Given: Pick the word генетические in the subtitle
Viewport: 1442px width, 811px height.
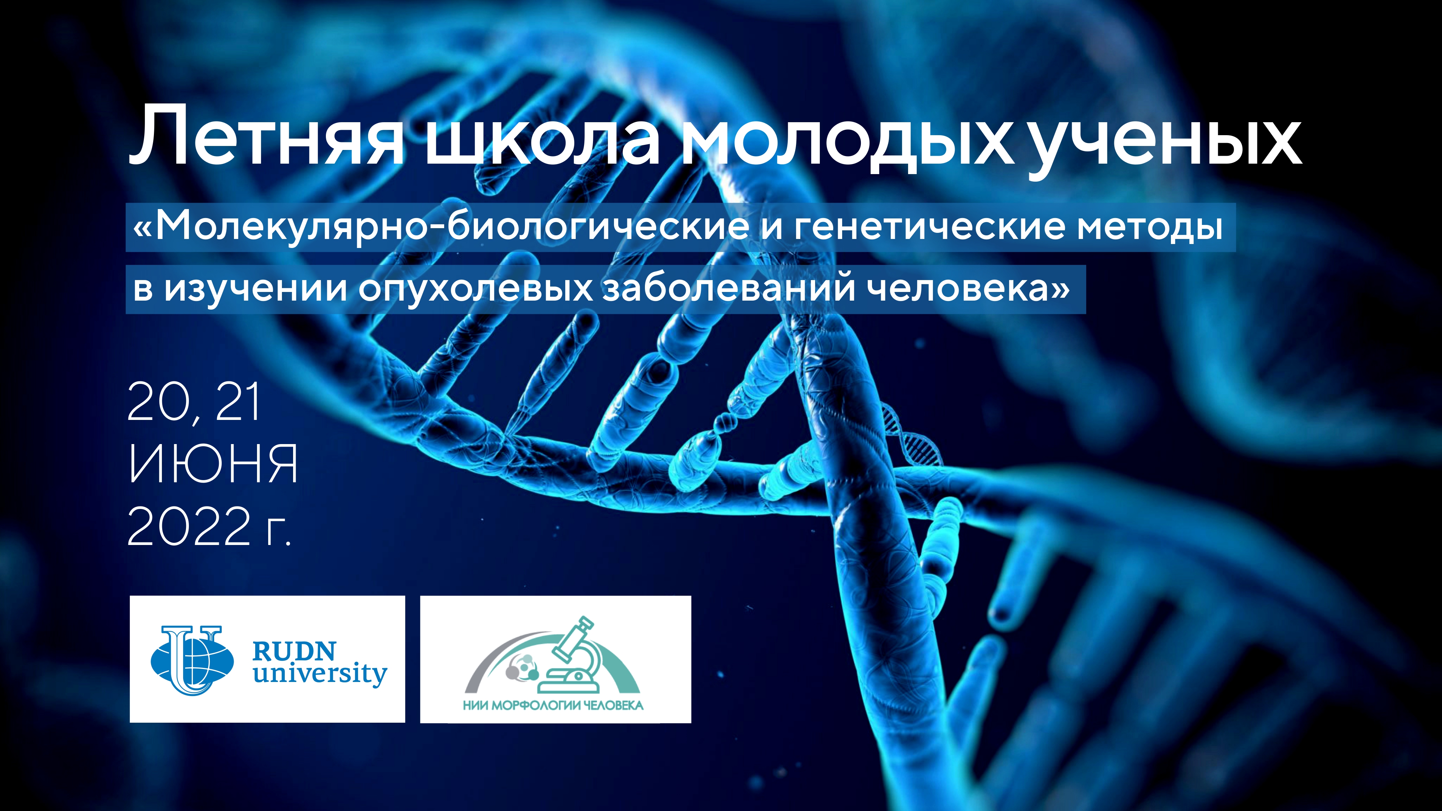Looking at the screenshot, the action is (929, 227).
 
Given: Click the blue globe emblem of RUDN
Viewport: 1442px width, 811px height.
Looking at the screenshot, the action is (192, 660).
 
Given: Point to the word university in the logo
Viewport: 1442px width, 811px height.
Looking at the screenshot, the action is (320, 674).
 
